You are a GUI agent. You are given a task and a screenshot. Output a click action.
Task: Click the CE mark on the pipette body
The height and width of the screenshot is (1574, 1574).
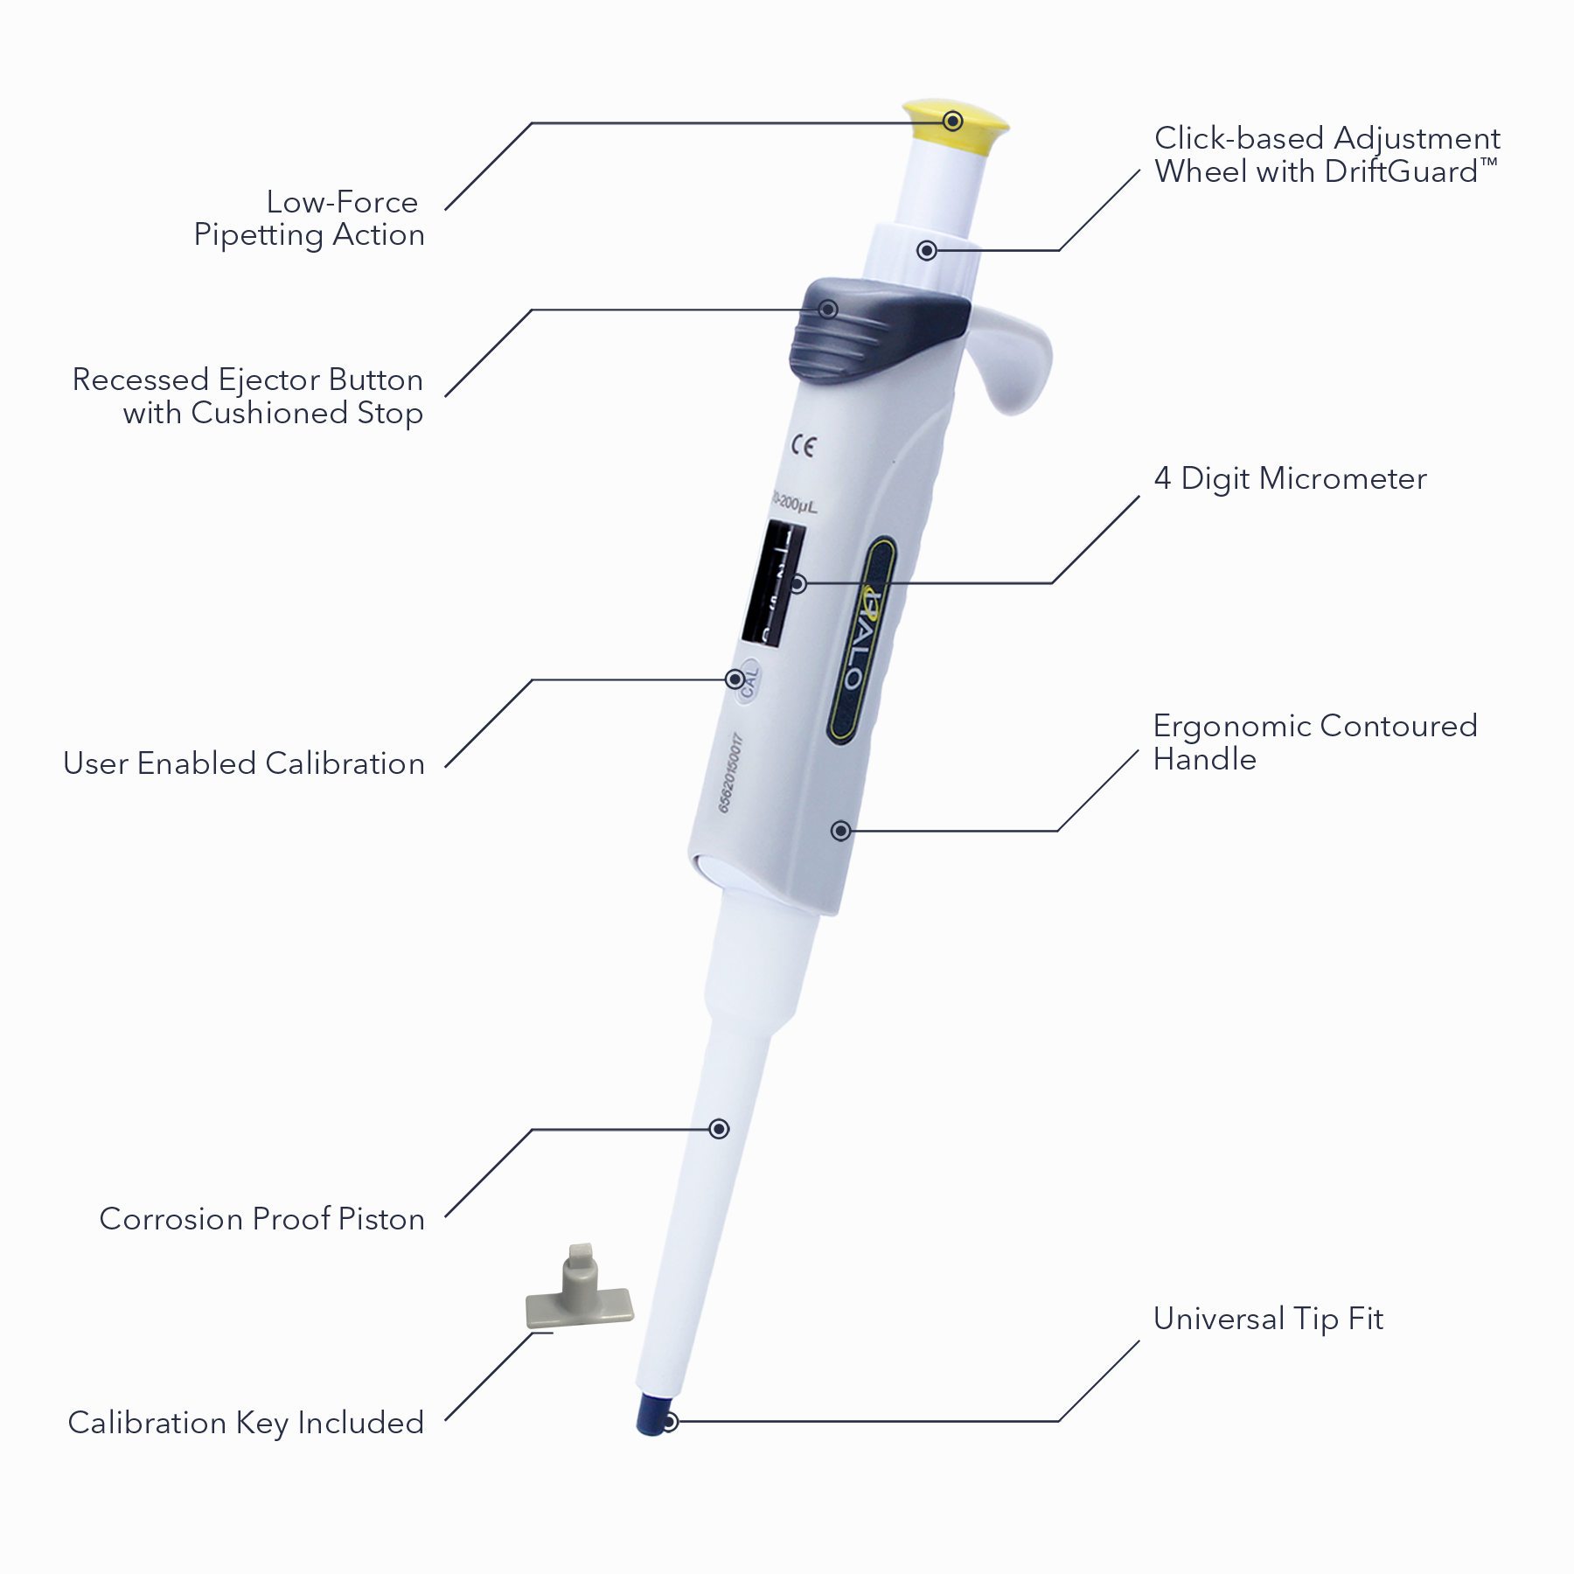pos(804,447)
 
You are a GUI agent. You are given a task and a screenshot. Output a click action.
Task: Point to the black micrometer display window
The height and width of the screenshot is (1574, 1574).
pos(773,582)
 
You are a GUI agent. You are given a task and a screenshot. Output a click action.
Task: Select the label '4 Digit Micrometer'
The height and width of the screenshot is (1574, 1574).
pos(1290,478)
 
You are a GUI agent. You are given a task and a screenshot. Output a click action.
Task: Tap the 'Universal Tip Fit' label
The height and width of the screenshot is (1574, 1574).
pos(1268,1319)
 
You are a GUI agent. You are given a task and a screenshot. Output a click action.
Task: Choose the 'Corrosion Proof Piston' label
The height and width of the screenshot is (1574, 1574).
pos(261,1219)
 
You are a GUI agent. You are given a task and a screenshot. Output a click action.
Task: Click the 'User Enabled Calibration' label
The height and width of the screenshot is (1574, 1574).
pos(244,763)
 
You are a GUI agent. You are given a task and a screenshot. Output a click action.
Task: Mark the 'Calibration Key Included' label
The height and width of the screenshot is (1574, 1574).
pos(246,1423)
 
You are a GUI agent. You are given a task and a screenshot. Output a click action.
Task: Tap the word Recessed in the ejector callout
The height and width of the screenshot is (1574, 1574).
pos(140,380)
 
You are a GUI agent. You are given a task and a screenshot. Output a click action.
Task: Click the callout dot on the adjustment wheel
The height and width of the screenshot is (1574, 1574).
pos(927,251)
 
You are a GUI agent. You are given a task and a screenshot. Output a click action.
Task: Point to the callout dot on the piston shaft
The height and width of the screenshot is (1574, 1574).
pos(719,1129)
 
